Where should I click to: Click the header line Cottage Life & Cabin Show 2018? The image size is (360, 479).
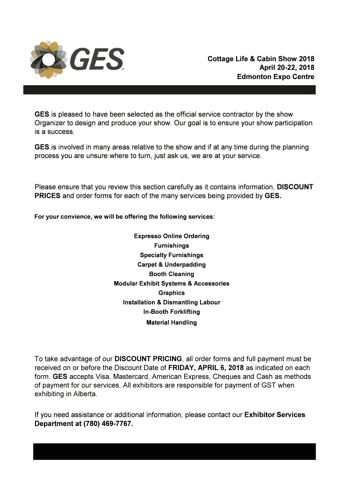point(261,59)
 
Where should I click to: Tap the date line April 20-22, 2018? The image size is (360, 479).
point(283,68)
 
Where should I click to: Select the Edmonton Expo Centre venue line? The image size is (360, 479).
point(275,77)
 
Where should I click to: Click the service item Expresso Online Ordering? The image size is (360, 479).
point(172,236)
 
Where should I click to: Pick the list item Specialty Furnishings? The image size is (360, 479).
point(172,255)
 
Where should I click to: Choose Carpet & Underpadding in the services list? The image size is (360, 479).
point(172,265)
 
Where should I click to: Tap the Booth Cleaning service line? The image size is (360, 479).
point(172,274)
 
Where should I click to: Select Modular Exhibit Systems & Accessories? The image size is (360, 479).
point(172,283)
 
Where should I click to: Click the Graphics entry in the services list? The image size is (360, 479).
point(172,293)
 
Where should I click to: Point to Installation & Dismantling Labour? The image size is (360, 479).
point(172,302)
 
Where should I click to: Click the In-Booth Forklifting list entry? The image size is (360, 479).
point(172,312)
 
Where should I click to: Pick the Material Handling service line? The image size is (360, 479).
point(172,323)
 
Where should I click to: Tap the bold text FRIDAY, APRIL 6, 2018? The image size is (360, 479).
point(206,368)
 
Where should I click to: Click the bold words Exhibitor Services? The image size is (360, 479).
point(275,415)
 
